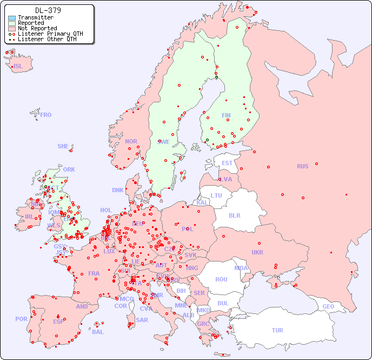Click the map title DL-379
48,10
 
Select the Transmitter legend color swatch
12,18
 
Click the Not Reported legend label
37,29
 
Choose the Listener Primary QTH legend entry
50,34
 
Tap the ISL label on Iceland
18,67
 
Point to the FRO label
46,115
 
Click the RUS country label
302,166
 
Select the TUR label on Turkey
277,330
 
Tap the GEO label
328,306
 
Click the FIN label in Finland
226,115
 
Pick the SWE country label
164,142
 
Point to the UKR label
257,252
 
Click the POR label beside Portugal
21,319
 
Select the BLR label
235,215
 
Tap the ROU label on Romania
221,279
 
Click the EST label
227,163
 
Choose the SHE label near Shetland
63,146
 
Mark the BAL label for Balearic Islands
98,332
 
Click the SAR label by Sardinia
142,320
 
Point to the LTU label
216,195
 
